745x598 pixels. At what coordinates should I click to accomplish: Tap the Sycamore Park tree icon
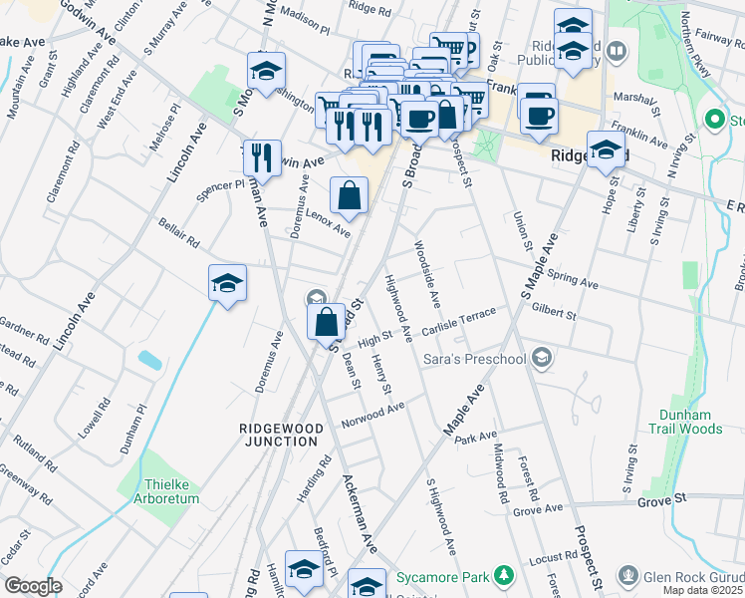point(506,576)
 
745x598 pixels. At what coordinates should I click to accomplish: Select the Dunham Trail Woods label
point(690,421)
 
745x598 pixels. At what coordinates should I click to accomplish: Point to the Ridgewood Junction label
point(280,435)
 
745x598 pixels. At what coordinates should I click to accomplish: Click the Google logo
point(34,586)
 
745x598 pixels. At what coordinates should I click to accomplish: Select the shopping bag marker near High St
point(327,323)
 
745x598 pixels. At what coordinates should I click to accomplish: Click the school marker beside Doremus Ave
point(227,285)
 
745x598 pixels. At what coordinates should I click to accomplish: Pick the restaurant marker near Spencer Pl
point(261,158)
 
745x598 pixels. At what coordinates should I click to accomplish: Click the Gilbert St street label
point(555,312)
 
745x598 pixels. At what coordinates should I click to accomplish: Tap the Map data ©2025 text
point(704,590)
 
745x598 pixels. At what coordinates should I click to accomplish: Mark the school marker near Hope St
point(605,150)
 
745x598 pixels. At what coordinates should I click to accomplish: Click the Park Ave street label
point(475,438)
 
